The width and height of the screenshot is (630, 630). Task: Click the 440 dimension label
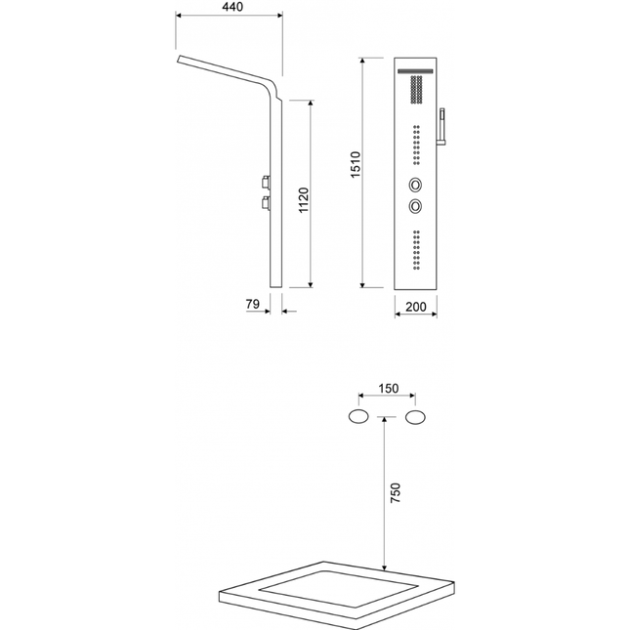click(x=232, y=7)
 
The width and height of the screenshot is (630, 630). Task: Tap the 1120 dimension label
click(x=304, y=200)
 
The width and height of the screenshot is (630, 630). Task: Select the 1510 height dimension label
click(x=356, y=165)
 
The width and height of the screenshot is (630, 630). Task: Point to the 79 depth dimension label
click(x=253, y=304)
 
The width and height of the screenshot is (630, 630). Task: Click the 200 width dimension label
click(x=415, y=307)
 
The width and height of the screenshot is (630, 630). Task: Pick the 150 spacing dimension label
click(x=389, y=389)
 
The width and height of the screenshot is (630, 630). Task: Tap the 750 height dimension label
click(x=396, y=493)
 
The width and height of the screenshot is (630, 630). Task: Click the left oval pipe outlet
click(x=358, y=417)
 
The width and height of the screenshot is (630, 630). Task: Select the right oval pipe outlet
click(x=415, y=417)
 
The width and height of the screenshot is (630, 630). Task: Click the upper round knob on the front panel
click(x=415, y=185)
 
